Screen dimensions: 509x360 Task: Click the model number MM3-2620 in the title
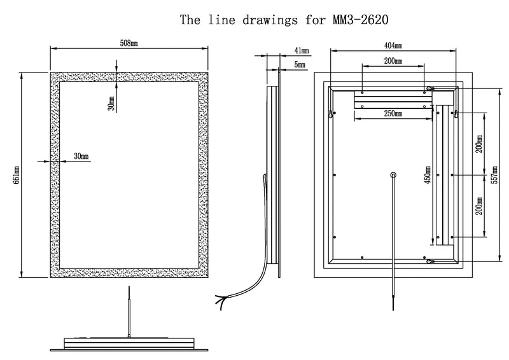pos(360,20)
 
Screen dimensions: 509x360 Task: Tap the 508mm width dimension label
pos(129,43)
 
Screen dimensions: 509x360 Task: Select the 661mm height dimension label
pos(17,175)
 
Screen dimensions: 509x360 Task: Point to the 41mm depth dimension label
pos(302,51)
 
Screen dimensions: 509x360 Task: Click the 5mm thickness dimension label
pos(300,65)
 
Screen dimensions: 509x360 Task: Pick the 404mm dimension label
pos(393,46)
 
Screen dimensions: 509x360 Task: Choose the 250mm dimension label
pos(393,113)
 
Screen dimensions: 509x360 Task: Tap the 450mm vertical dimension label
pos(428,175)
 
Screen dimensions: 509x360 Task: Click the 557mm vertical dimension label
pos(494,175)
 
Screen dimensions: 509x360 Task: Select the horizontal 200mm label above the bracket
pos(393,60)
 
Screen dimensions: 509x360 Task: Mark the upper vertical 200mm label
pos(479,144)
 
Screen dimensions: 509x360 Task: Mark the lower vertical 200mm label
pos(479,206)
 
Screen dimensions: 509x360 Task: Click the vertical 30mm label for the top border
pos(111,104)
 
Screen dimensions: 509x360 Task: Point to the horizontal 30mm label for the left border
pos(81,156)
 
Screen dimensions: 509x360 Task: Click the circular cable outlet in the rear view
pos(393,176)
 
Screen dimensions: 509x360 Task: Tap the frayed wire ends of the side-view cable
pos(222,301)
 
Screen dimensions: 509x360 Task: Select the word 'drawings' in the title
pos(270,20)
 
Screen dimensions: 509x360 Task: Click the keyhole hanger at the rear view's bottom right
pos(431,261)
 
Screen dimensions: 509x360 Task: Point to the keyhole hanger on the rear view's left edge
pos(331,114)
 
